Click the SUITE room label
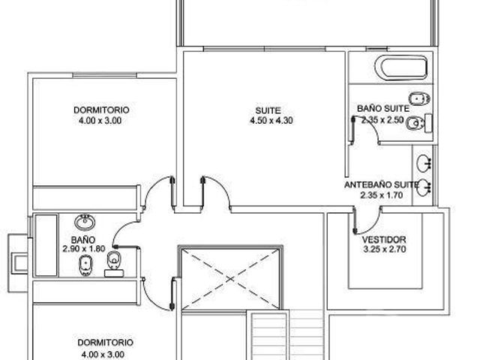(x=268, y=110)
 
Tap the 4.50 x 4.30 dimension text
(x=271, y=121)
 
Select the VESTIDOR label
(x=384, y=239)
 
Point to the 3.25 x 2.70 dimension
(x=385, y=249)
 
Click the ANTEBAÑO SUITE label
(x=381, y=185)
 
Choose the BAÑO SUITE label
(x=383, y=109)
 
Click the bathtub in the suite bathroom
(x=401, y=67)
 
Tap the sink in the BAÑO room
(x=85, y=222)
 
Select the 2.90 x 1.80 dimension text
(x=84, y=249)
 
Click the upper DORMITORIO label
(x=101, y=110)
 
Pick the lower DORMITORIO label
(x=105, y=343)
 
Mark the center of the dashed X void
(x=230, y=279)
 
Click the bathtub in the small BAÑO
(x=46, y=245)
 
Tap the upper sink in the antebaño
(x=424, y=163)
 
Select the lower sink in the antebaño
(x=424, y=187)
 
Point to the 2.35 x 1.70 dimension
(x=382, y=195)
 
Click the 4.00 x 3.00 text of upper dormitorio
(x=100, y=121)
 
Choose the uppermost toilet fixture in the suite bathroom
(x=419, y=99)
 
